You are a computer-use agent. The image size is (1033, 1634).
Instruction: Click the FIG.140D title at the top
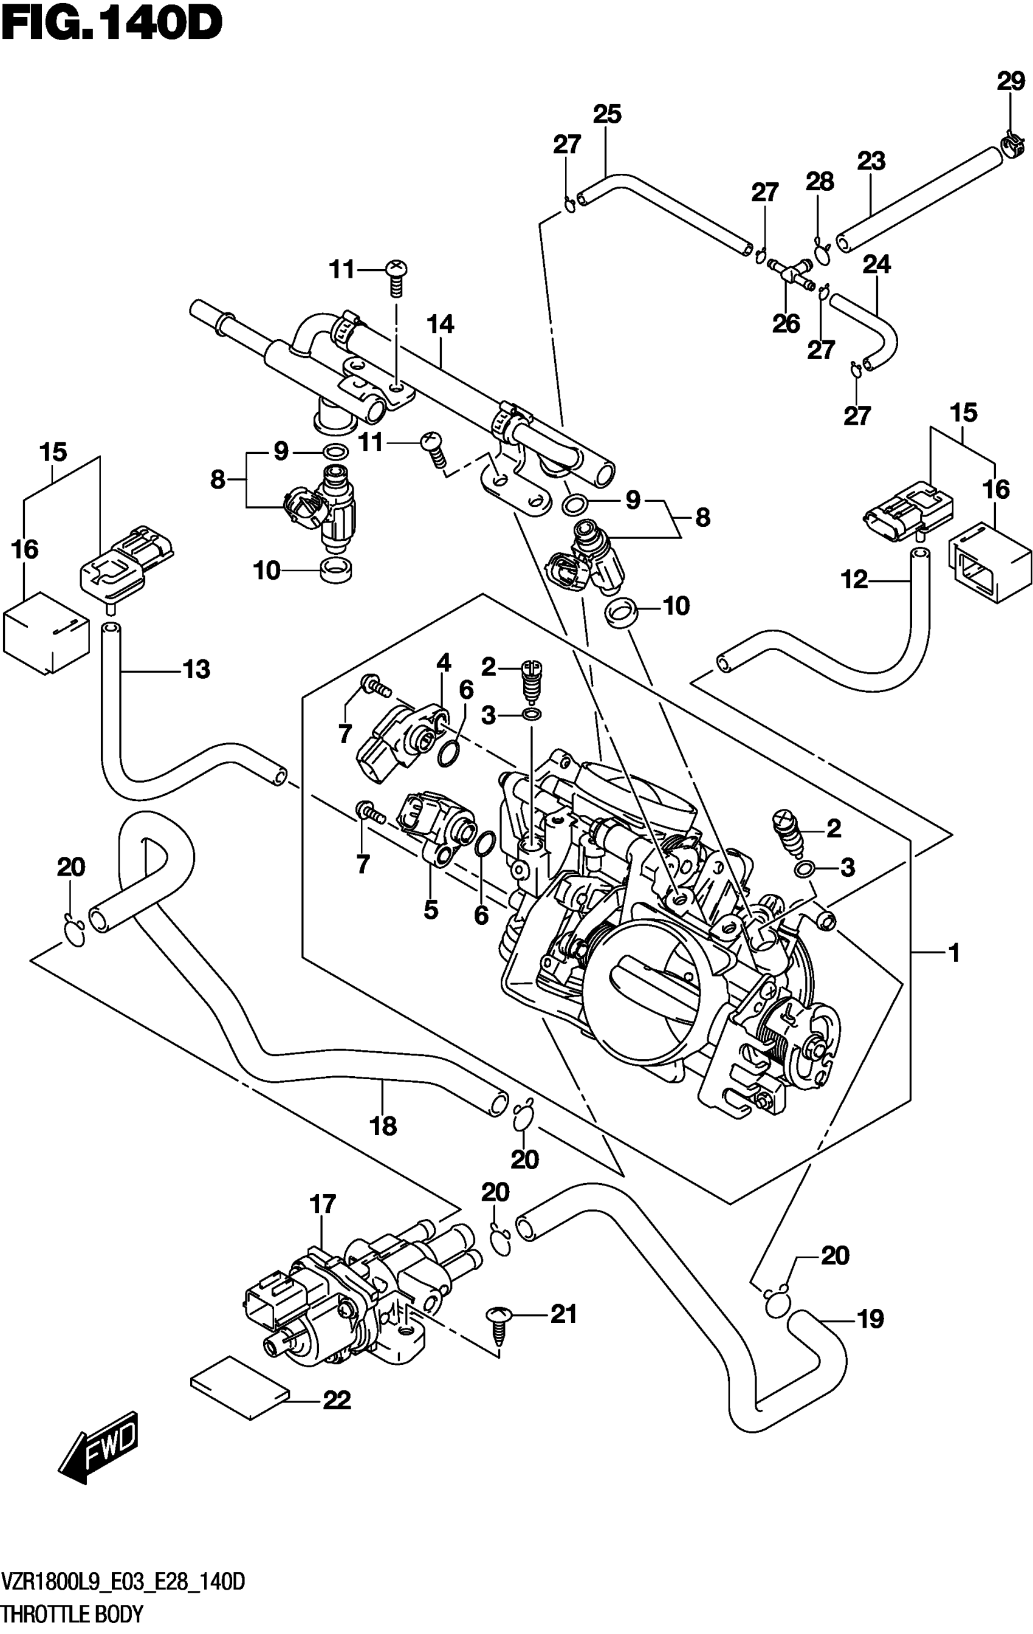(112, 25)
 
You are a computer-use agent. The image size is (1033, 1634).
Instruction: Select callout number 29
(1010, 81)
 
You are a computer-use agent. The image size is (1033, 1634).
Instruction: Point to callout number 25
(607, 114)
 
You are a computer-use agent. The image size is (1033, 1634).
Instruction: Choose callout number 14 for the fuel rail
(441, 324)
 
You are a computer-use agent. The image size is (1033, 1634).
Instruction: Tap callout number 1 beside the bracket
(954, 953)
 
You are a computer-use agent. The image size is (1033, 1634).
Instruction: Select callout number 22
(337, 1400)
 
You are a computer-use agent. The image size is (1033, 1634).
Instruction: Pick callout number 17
(323, 1204)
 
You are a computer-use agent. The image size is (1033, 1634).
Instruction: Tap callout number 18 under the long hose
(383, 1127)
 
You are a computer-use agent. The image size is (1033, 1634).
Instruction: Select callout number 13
(196, 670)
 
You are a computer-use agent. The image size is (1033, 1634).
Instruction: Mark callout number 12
(854, 580)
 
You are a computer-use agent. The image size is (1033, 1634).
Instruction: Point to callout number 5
(431, 909)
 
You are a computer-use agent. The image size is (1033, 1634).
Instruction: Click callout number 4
(443, 662)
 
